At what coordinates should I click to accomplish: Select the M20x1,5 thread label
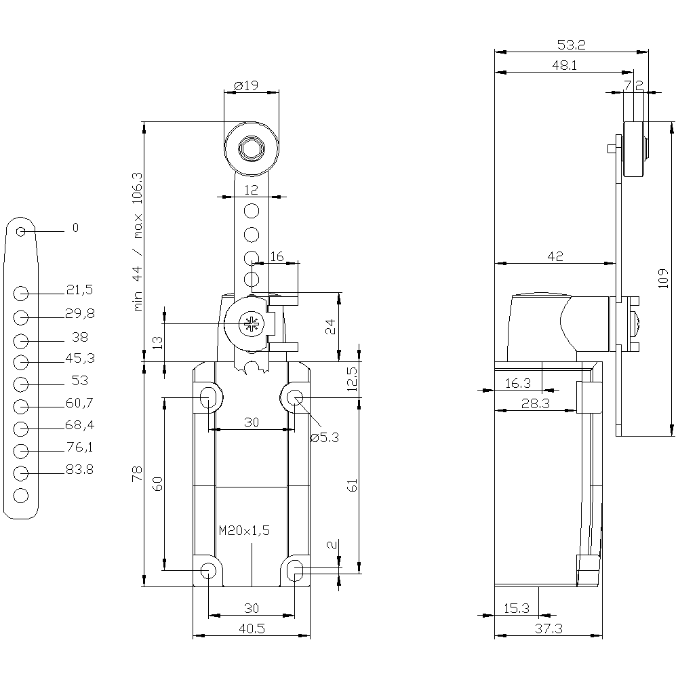tap(244, 531)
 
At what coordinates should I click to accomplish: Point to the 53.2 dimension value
tap(571, 45)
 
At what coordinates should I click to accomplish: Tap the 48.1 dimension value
tap(564, 66)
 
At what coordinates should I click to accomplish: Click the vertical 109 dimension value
tap(663, 277)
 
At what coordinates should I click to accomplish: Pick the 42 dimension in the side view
tap(556, 256)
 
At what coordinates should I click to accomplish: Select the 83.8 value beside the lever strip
tap(79, 470)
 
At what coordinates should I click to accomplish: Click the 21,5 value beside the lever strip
tap(79, 290)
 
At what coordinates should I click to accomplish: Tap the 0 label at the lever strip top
tap(75, 228)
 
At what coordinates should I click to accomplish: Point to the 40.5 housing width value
tap(251, 629)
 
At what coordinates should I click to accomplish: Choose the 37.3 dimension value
tap(549, 629)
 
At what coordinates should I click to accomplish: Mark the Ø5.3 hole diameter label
tap(324, 437)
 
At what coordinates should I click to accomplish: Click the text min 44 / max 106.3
tap(138, 241)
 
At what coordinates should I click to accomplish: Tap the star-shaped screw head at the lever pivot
tap(252, 324)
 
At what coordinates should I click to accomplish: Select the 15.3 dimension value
tap(516, 608)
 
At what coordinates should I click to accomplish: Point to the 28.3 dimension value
tap(536, 403)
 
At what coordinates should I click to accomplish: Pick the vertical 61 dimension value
tap(351, 485)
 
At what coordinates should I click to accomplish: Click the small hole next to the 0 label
tap(21, 232)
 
